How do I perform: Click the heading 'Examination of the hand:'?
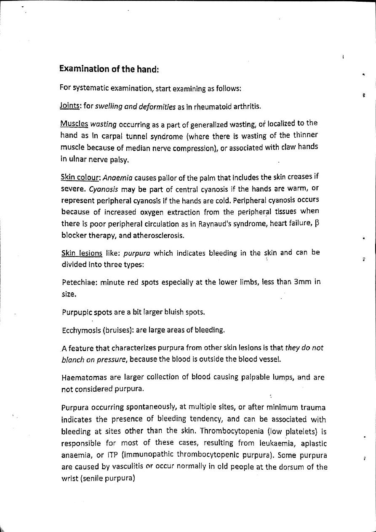pyautogui.click(x=109, y=69)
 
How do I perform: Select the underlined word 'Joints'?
pyautogui.click(x=70, y=106)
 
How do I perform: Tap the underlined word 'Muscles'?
pyautogui.click(x=74, y=124)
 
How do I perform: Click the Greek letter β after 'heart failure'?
pyautogui.click(x=317, y=224)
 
